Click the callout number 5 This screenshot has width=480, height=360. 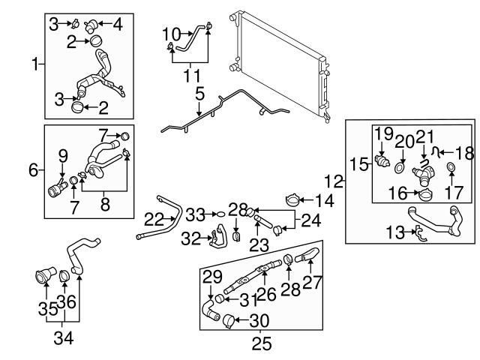tap(199, 95)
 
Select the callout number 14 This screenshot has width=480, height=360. tap(325, 201)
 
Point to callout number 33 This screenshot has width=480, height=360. tap(195, 215)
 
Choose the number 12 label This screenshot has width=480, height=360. tap(334, 180)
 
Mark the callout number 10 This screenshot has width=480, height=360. tap(172, 33)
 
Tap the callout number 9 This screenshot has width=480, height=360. tap(63, 156)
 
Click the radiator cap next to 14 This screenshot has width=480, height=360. tap(294, 202)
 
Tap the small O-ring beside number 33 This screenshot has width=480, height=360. tap(220, 214)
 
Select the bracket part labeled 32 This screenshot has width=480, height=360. tap(218, 237)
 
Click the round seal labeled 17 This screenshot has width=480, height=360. tap(451, 167)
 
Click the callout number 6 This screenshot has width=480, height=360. tap(33, 171)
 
